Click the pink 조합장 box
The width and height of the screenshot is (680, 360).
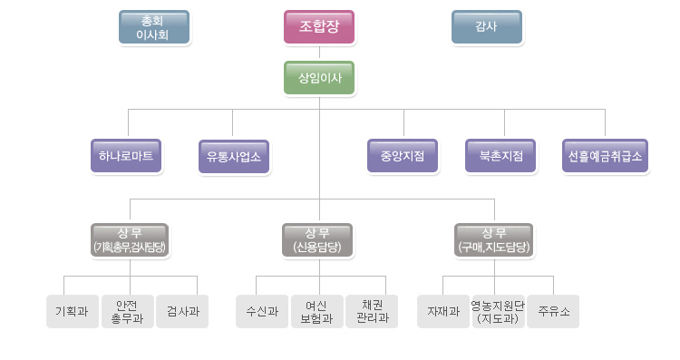coord(318,26)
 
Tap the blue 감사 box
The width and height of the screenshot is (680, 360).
coord(487,27)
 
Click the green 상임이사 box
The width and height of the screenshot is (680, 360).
coord(318,78)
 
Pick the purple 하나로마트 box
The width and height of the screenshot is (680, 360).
coord(127,156)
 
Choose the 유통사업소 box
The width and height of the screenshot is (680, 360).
coord(234,156)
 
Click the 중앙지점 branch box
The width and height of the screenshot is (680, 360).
coord(403,156)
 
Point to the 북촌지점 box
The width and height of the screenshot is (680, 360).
coord(500,156)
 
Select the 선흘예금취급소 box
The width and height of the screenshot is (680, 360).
coord(604,156)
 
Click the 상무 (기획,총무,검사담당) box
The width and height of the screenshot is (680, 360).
coord(130,238)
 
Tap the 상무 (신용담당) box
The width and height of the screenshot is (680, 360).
coord(318,238)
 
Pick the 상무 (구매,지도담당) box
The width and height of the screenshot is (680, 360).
coord(494,238)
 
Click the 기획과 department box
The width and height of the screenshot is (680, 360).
coord(73,311)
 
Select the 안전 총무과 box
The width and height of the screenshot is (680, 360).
coord(127,311)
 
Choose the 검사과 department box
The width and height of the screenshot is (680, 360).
coord(182,311)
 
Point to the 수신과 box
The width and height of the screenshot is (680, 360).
coord(262,311)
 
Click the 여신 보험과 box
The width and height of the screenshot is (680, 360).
coord(317,311)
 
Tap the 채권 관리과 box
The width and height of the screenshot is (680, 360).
coord(373,311)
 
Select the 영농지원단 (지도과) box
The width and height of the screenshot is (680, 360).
coord(497,311)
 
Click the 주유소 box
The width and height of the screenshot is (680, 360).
coord(553,311)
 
